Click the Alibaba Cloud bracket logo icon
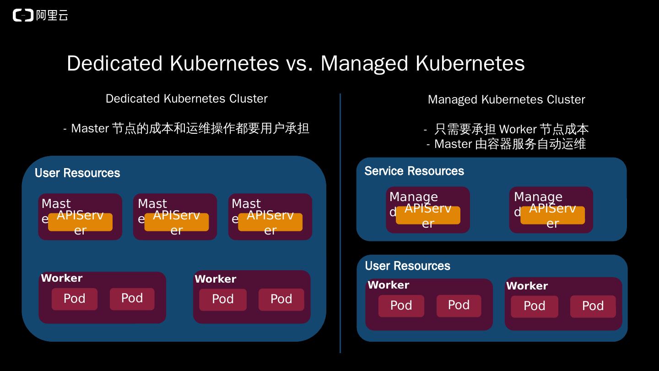(x=23, y=16)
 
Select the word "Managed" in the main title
(x=364, y=63)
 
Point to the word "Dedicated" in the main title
(x=114, y=63)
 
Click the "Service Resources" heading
(x=414, y=171)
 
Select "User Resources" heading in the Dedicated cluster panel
(x=77, y=173)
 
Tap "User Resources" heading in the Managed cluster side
(x=407, y=266)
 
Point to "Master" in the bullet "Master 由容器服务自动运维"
(x=453, y=144)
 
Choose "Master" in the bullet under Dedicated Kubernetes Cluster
(x=90, y=128)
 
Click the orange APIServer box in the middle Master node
(x=177, y=222)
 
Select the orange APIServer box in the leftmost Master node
(x=80, y=222)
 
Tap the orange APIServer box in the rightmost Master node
(x=270, y=222)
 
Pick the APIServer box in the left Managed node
(x=428, y=215)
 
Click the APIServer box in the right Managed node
(x=552, y=215)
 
